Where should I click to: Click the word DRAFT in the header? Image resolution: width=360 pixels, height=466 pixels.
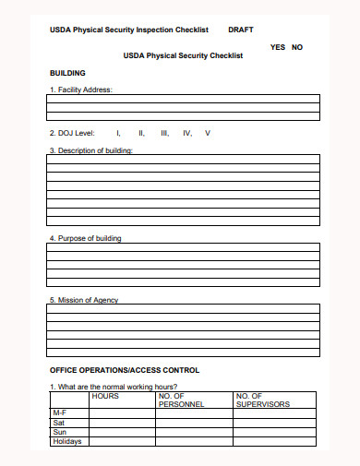(240, 30)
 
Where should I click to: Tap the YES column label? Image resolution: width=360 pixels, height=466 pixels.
(277, 47)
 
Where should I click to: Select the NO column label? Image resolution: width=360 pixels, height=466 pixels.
(297, 47)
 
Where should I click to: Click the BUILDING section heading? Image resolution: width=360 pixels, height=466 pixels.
(67, 72)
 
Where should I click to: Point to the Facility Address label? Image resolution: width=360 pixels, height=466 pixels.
(80, 90)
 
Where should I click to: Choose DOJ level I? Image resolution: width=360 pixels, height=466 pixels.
(118, 133)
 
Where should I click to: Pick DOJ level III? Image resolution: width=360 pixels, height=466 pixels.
(164, 133)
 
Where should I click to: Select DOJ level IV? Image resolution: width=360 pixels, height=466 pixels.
(187, 133)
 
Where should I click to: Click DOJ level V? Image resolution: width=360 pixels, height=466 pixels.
(208, 133)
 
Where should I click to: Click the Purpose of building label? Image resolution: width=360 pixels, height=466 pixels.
(85, 238)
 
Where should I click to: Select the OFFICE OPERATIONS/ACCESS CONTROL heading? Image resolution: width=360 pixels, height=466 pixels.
(124, 370)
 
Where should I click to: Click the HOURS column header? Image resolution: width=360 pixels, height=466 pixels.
(105, 396)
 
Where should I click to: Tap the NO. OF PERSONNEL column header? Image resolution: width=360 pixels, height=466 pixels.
(181, 400)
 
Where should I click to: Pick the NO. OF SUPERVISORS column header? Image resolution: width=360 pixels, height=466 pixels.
(262, 400)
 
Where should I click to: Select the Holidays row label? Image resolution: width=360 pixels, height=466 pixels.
(67, 441)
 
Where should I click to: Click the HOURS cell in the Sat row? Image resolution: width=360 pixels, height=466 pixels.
(122, 422)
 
